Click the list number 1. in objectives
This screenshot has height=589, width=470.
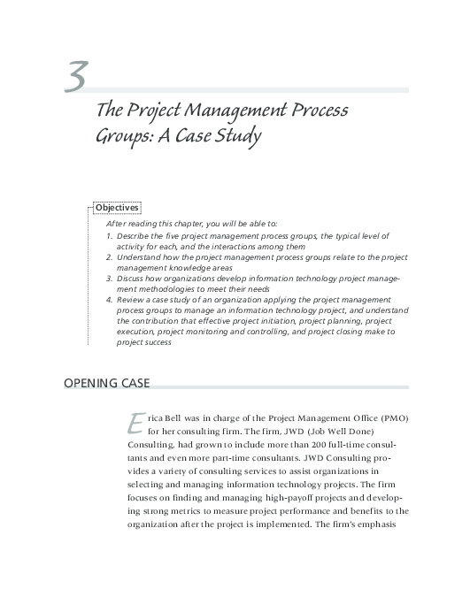tap(108, 237)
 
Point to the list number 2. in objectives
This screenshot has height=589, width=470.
tap(108, 256)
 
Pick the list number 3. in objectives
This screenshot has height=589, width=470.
tap(108, 277)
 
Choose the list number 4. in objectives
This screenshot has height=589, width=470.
tap(108, 300)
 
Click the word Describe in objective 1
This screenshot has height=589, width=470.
tap(132, 237)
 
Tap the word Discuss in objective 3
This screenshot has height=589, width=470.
tap(129, 277)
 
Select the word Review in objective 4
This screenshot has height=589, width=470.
tap(129, 300)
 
